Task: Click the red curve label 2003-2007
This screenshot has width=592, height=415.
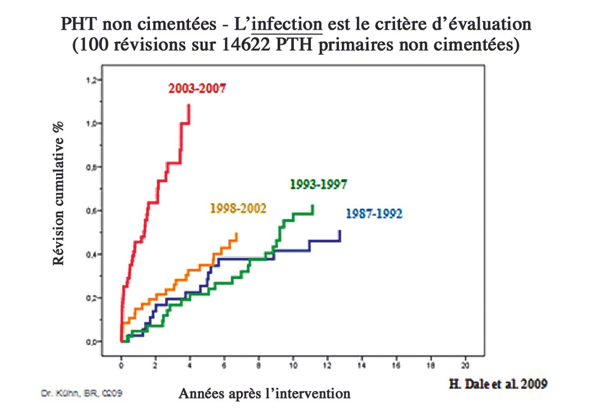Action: point(197,88)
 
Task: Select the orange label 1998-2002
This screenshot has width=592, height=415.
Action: point(238,208)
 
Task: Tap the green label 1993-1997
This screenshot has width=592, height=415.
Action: point(318,184)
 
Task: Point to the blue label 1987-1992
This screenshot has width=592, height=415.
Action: point(374,213)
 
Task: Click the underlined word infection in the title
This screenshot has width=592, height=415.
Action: point(287,24)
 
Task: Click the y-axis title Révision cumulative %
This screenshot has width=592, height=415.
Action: point(59,193)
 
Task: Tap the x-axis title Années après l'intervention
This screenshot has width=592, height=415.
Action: point(264,393)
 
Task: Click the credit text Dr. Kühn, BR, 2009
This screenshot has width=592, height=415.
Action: point(82,393)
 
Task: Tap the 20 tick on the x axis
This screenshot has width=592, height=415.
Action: point(464,365)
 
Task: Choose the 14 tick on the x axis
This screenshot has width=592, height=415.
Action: point(361,365)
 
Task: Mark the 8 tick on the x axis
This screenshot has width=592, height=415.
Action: point(258,365)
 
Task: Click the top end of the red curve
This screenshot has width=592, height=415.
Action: point(189,105)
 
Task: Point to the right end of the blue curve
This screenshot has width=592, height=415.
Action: point(340,231)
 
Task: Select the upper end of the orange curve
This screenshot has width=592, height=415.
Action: point(236,234)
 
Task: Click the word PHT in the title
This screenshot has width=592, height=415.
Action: point(78,24)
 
